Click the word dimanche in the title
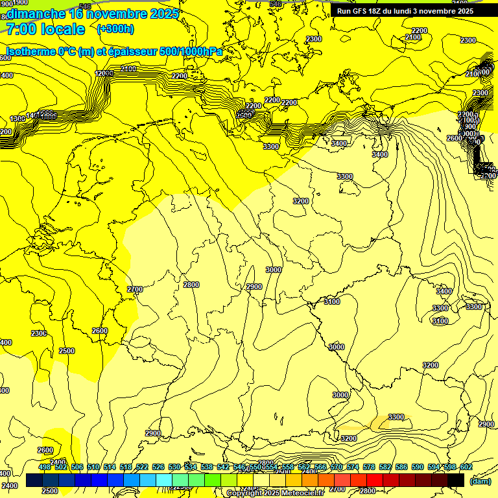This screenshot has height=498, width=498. click(36, 14)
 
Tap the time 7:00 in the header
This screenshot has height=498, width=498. click(20, 29)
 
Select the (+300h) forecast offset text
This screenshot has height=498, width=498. click(115, 29)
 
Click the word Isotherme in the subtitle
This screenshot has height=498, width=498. click(30, 51)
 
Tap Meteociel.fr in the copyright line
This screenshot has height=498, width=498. click(301, 493)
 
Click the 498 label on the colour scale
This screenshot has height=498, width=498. click(45, 468)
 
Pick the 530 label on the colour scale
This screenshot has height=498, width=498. click(174, 468)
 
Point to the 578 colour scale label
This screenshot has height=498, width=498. click(369, 468)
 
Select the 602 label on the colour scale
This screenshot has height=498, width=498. click(466, 468)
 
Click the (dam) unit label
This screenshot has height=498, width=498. click(480, 481)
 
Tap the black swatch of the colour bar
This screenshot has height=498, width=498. click(456, 480)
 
